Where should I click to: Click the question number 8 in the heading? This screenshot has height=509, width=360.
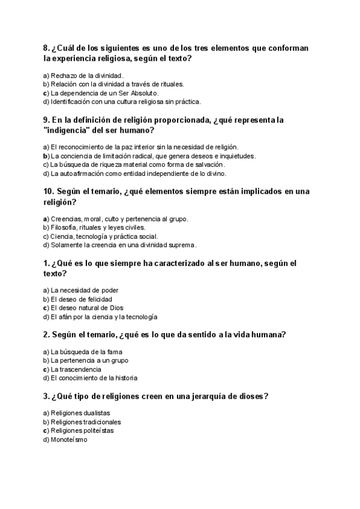pos(47,49)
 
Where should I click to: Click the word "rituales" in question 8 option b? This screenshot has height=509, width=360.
pos(169,85)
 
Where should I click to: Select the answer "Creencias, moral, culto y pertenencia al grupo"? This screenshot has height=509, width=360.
pos(119,218)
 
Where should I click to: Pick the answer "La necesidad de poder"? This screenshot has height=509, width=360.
pos(84,291)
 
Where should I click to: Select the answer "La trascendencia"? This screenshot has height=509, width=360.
pos(76,369)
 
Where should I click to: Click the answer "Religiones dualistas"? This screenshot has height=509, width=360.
pos(80,413)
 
